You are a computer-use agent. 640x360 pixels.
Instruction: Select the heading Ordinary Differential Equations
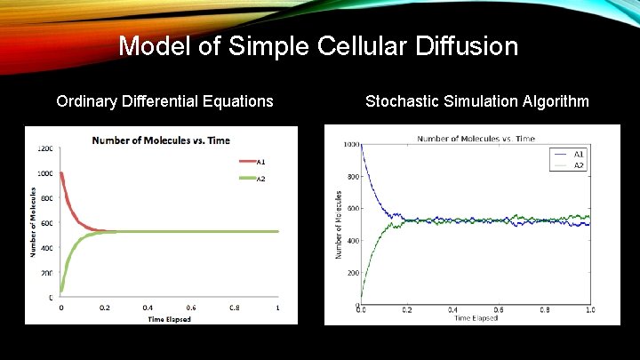(164, 101)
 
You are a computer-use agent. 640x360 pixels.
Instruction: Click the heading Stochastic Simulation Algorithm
(476, 101)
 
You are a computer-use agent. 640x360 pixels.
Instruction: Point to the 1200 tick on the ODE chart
(44, 148)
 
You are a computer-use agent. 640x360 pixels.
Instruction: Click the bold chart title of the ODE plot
(161, 140)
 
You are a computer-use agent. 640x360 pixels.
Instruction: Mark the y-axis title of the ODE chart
(34, 222)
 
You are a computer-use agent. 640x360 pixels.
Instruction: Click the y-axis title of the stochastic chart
(339, 225)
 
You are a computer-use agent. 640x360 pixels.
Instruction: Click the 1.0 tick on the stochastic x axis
(590, 309)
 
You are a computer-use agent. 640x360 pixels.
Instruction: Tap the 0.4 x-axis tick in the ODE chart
(148, 308)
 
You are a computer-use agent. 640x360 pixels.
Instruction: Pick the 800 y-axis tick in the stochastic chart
(352, 177)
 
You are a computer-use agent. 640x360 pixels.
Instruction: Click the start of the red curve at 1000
(61, 174)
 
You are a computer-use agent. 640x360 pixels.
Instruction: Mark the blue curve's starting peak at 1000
(361, 146)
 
